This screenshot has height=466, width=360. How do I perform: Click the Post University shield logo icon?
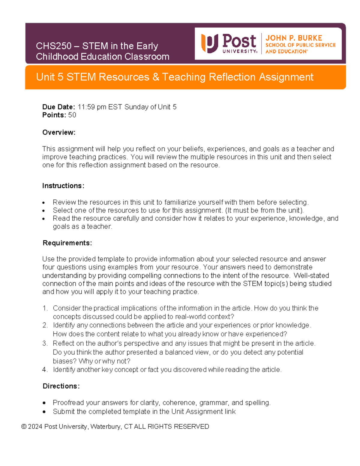[x=209, y=43]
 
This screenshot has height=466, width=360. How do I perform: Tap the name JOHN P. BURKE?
[x=294, y=38]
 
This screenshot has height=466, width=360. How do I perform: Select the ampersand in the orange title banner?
[x=156, y=77]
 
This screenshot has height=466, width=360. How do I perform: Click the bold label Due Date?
[x=58, y=107]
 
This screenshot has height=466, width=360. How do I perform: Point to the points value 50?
[x=72, y=115]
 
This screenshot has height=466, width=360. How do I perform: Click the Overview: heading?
[x=59, y=132]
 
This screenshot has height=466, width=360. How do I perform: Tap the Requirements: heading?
[x=67, y=243]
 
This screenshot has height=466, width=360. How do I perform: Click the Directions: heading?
[x=61, y=386]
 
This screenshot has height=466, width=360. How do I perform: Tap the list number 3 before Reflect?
[x=45, y=343]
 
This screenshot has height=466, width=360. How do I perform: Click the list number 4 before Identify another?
[x=45, y=370]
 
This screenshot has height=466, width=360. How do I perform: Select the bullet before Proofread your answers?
[x=44, y=403]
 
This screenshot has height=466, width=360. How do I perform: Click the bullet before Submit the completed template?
[x=44, y=412]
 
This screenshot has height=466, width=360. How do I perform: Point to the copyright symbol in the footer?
[x=24, y=427]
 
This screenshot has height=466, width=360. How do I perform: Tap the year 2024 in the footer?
[x=35, y=427]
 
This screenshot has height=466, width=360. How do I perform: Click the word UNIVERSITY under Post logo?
[x=239, y=51]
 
